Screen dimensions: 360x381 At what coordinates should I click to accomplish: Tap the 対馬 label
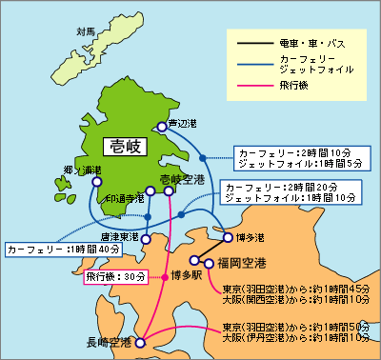86,31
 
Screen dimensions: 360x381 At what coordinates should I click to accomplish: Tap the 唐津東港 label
119,234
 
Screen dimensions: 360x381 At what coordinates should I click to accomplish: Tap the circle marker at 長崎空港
140,342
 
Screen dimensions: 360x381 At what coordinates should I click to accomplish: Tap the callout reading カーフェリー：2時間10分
286,152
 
